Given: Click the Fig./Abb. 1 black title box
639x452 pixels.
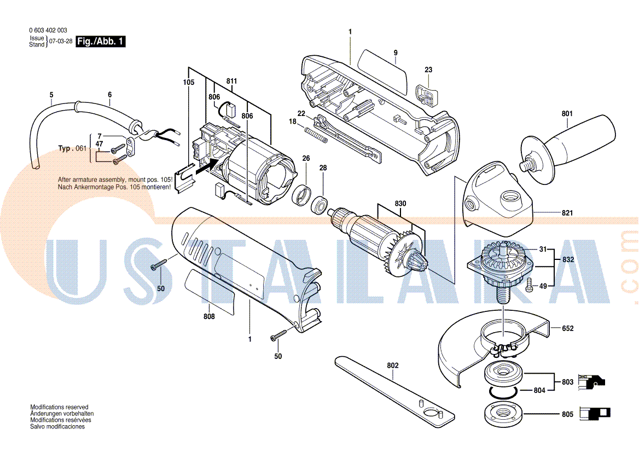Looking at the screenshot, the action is pos(101,41).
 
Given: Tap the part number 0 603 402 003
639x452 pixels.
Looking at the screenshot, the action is pos(48,30).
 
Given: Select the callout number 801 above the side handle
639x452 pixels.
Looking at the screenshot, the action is pos(567,114).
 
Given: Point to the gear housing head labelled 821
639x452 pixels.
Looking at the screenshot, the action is pos(498,200).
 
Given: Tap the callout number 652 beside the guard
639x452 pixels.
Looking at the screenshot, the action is pos(568,328).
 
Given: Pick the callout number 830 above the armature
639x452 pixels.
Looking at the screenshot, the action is pos(400,204).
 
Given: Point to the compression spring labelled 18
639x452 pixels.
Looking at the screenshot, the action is pos(316,135).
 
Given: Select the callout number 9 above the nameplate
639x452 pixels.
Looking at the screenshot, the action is pos(396,53).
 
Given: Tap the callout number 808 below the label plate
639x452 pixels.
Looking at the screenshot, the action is pos(209,316).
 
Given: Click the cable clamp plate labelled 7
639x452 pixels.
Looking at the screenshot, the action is pos(130,147).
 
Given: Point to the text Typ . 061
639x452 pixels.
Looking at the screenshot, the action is pos(72,148).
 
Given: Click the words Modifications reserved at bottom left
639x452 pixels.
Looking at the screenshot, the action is pos(59,407).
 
